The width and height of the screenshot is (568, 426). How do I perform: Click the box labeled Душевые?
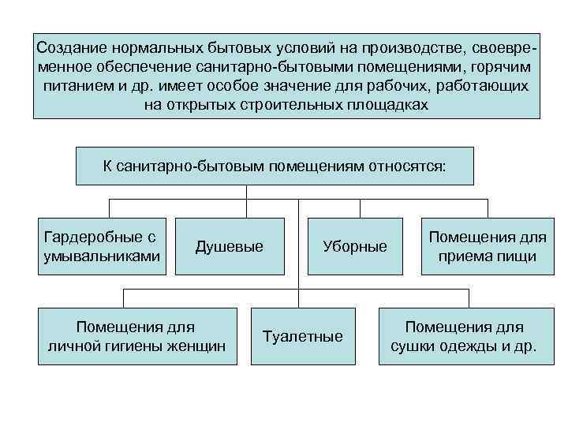(230, 247)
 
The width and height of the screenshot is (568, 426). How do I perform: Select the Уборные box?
(355, 247)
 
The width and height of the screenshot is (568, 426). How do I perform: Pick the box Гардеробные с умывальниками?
(103, 246)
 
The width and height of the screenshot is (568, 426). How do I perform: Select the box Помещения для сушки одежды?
(464, 336)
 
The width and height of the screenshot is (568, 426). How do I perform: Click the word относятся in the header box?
(402, 166)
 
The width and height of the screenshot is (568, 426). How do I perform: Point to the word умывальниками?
(103, 256)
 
